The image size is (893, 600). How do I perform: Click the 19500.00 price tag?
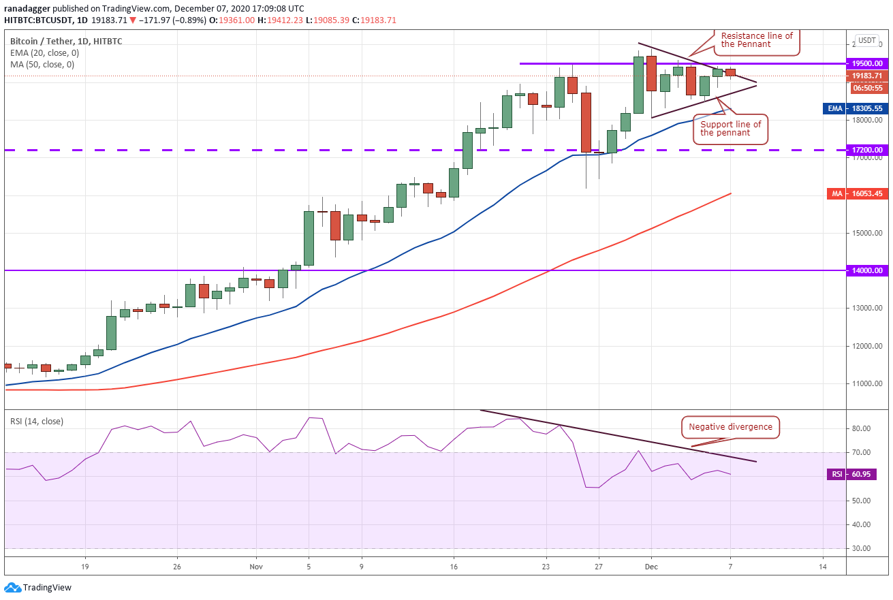(x=867, y=63)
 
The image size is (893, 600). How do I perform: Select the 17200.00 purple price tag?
(x=867, y=151)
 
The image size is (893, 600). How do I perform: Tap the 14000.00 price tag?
(x=867, y=270)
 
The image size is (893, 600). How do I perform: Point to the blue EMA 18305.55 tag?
(x=856, y=108)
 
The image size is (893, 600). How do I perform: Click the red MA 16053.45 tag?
(x=858, y=193)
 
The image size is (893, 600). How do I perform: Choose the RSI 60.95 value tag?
(x=852, y=475)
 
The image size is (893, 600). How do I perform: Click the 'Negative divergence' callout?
(x=730, y=428)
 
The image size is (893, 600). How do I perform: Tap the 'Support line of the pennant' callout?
(x=730, y=129)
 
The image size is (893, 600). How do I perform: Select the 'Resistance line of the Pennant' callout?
(x=757, y=41)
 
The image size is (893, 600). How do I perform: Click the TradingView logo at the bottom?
(x=38, y=588)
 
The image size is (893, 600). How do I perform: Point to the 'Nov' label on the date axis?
(x=256, y=567)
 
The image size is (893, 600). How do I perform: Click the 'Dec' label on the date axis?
(x=651, y=567)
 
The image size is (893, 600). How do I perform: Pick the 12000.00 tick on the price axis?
(x=867, y=346)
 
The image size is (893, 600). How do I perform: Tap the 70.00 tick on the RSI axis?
(x=861, y=452)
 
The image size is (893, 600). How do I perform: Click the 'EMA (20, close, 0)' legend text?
(x=45, y=53)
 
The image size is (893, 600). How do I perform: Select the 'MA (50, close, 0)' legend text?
(x=42, y=65)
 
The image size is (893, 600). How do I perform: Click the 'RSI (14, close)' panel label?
(x=37, y=422)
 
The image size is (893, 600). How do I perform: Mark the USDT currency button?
(x=867, y=40)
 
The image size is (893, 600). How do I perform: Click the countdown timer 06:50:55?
(x=868, y=88)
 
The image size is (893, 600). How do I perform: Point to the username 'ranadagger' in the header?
(x=27, y=8)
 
